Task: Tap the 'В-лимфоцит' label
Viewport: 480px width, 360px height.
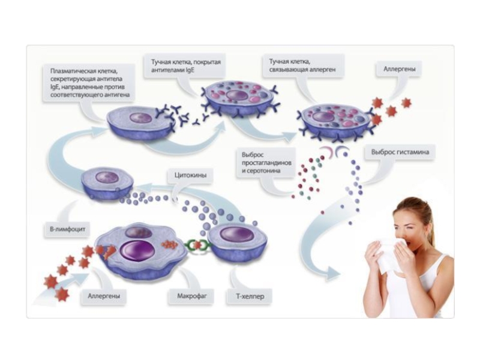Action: pos(66,229)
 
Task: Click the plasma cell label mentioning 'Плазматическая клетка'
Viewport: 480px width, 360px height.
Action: pos(90,83)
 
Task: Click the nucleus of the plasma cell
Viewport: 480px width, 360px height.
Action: pos(142,117)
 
